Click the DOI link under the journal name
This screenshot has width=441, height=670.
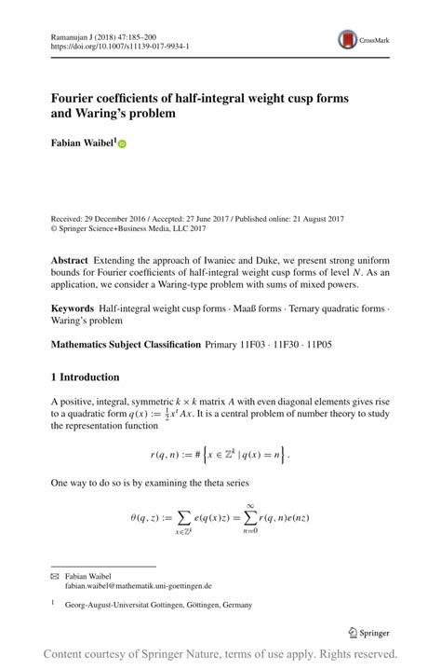click(120, 44)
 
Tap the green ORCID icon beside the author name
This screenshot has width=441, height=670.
click(122, 144)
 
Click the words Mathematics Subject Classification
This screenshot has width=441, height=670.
click(126, 344)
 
